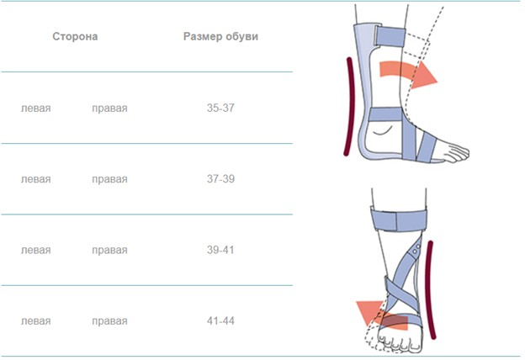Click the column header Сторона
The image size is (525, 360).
coord(75,36)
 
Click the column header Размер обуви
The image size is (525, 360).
coord(220,36)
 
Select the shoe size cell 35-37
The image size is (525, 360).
coord(220,108)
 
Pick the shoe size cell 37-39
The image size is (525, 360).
coord(220,179)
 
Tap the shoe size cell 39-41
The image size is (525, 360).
coord(220,250)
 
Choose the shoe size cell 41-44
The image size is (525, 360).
coord(220,320)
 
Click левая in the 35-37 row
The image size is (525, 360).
coord(36,109)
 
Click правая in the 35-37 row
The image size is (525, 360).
coord(110,109)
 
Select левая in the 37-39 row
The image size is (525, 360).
coord(36,179)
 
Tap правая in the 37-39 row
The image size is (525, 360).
coord(110,180)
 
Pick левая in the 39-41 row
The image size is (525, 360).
coord(36,251)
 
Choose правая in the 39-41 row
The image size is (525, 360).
coord(110,251)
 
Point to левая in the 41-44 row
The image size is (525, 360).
coord(36,321)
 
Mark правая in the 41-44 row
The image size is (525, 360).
coord(110,322)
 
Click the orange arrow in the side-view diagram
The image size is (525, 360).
coord(407,71)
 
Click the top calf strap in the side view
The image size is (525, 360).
coord(390,36)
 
